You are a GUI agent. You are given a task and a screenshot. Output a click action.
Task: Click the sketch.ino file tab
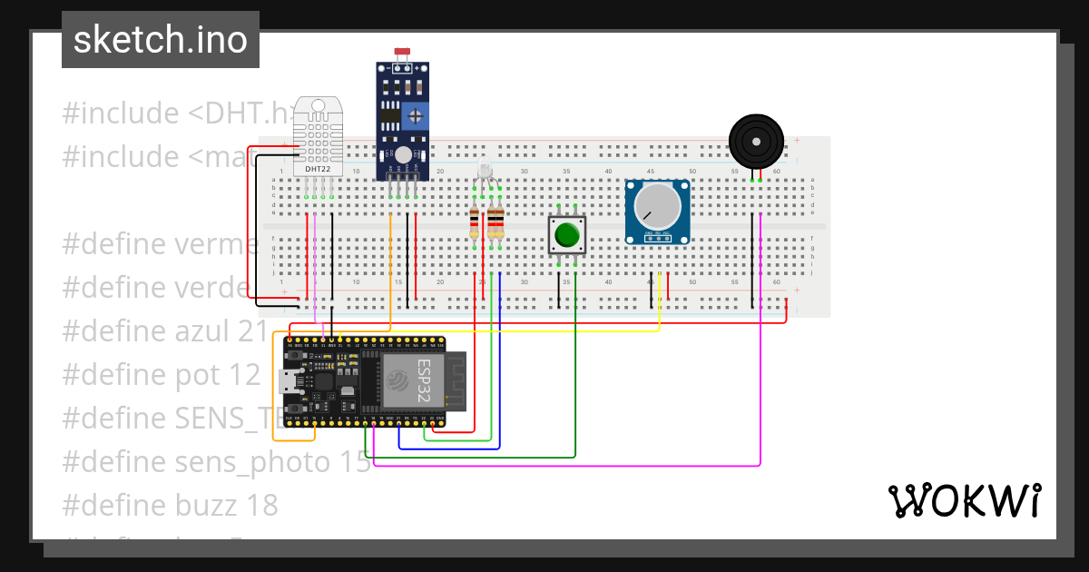(x=161, y=40)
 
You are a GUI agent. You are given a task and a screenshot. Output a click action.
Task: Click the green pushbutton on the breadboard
(x=567, y=235)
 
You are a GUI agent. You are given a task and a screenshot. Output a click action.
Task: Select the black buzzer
(x=755, y=142)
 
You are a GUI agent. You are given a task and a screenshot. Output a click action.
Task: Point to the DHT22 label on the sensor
(x=318, y=169)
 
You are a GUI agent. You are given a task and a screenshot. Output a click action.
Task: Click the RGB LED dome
(x=485, y=170)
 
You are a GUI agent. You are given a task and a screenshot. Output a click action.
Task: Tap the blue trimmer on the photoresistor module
(x=415, y=115)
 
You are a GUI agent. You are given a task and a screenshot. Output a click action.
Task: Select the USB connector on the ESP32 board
(x=290, y=381)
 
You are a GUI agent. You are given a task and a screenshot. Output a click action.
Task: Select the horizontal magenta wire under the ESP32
(x=563, y=466)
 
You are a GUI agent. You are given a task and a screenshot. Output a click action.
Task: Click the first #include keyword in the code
(x=121, y=113)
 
